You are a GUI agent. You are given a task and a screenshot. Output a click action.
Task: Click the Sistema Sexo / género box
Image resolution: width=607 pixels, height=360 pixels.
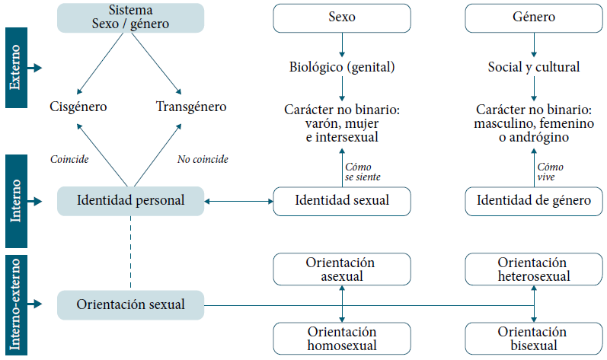pyautogui.click(x=130, y=17)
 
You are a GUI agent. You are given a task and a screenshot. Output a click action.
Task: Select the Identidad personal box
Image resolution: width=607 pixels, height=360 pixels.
pyautogui.click(x=130, y=201)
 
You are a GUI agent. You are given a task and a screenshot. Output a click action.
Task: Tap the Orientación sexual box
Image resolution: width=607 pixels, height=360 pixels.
pyautogui.click(x=130, y=304)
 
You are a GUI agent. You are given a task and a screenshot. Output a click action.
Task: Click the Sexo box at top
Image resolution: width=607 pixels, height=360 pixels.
pyautogui.click(x=342, y=17)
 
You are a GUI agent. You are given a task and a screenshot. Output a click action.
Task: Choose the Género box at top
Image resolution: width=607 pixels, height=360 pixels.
pyautogui.click(x=533, y=17)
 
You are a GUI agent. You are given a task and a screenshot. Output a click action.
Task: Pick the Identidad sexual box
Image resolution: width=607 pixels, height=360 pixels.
pyautogui.click(x=342, y=201)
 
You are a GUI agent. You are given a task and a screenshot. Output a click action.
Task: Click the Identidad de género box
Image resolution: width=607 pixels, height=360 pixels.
pyautogui.click(x=533, y=201)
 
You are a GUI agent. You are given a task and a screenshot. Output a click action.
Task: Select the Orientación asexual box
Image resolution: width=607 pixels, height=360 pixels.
pyautogui.click(x=342, y=269)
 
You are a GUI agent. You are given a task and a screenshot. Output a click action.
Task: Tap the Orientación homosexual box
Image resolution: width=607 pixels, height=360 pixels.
pyautogui.click(x=342, y=339)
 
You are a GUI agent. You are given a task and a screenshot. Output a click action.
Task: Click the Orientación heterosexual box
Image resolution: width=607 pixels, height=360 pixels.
pyautogui.click(x=533, y=269)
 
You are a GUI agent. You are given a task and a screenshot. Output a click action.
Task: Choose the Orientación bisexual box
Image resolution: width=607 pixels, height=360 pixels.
pyautogui.click(x=533, y=339)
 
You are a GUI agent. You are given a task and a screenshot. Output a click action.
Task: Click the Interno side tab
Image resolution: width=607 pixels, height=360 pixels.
pyautogui.click(x=15, y=201)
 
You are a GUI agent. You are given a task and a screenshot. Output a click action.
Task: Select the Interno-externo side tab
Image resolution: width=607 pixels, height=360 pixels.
pyautogui.click(x=15, y=305)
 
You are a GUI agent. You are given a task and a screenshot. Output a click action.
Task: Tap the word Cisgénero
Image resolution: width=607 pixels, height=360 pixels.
pyautogui.click(x=78, y=107)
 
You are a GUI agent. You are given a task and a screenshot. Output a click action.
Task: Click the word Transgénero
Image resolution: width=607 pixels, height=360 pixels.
pyautogui.click(x=191, y=107)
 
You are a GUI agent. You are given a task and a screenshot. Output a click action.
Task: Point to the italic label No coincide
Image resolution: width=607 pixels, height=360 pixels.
pyautogui.click(x=203, y=160)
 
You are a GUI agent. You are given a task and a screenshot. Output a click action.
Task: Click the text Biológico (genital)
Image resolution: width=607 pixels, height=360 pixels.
pyautogui.click(x=342, y=67)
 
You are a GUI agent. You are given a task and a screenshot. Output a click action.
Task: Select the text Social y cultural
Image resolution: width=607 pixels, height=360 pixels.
pyautogui.click(x=533, y=67)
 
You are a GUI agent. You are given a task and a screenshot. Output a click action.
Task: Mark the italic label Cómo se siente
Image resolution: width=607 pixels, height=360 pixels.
pyautogui.click(x=363, y=171)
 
